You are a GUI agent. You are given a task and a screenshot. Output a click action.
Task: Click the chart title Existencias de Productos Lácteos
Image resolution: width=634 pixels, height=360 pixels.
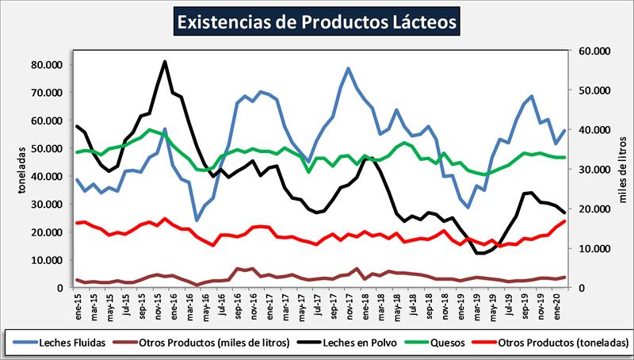coord(317,21)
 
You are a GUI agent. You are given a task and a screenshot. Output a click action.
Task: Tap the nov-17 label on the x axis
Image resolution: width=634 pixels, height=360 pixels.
coord(349,302)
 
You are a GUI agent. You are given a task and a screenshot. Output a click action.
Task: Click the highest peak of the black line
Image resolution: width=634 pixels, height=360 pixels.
coord(164,61)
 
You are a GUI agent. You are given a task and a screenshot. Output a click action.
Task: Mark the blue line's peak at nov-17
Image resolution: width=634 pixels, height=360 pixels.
coord(348,68)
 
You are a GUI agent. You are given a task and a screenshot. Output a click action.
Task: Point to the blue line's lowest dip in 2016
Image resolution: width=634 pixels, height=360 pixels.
coord(197,220)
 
